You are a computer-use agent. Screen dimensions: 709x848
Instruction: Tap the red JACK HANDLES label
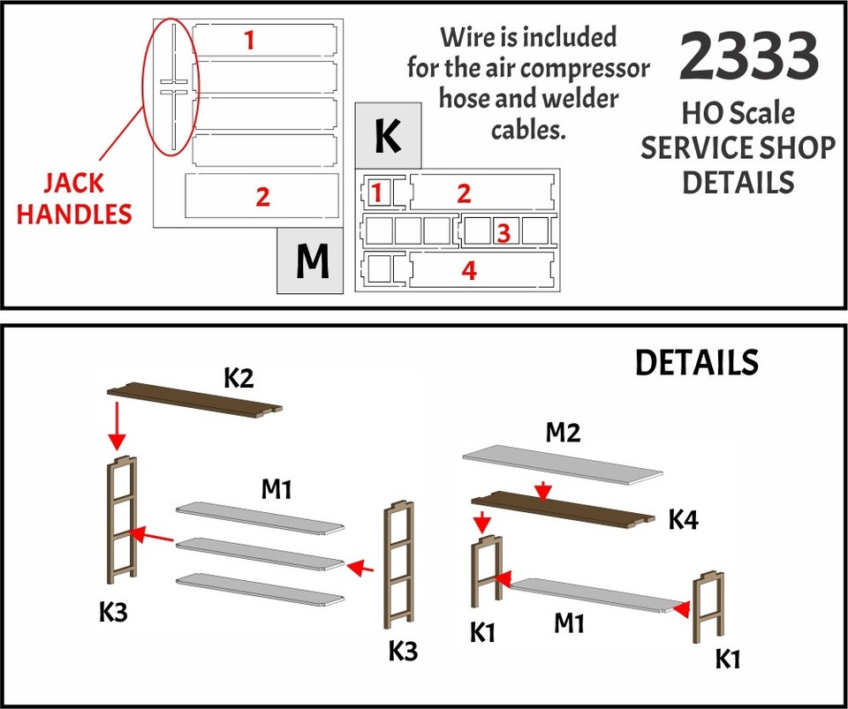click(75, 199)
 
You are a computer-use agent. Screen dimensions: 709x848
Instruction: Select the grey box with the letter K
click(388, 136)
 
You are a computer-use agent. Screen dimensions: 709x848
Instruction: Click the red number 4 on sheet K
click(469, 271)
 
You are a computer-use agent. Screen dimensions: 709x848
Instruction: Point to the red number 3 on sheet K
click(503, 232)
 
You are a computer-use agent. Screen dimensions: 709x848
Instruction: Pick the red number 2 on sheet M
click(262, 196)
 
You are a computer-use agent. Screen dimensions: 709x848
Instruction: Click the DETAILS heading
click(697, 362)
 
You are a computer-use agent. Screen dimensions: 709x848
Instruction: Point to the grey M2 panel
click(562, 465)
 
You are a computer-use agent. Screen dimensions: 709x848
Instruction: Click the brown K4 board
click(562, 507)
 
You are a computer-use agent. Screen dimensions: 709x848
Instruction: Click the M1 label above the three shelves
click(276, 488)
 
